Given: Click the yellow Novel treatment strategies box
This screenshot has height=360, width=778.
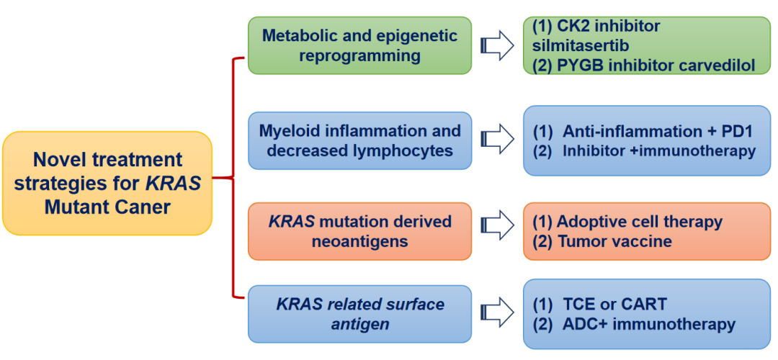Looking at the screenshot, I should point(108,183).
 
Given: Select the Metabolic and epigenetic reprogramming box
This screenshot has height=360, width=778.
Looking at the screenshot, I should point(359,45).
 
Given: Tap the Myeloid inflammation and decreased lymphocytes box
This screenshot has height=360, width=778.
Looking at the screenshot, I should point(359,141).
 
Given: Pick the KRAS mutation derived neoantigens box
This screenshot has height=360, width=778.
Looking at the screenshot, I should point(359,231).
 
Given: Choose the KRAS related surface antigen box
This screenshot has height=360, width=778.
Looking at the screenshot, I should point(359,315).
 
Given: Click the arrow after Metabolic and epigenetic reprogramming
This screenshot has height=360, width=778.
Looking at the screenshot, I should point(496,46).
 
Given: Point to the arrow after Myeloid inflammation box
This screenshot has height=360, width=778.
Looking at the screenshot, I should point(496,140).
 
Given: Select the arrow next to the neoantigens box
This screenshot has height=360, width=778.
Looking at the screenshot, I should point(496,231).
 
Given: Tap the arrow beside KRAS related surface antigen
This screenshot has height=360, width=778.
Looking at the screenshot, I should point(496,315).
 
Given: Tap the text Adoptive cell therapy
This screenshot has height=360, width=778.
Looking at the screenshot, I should point(640,222).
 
